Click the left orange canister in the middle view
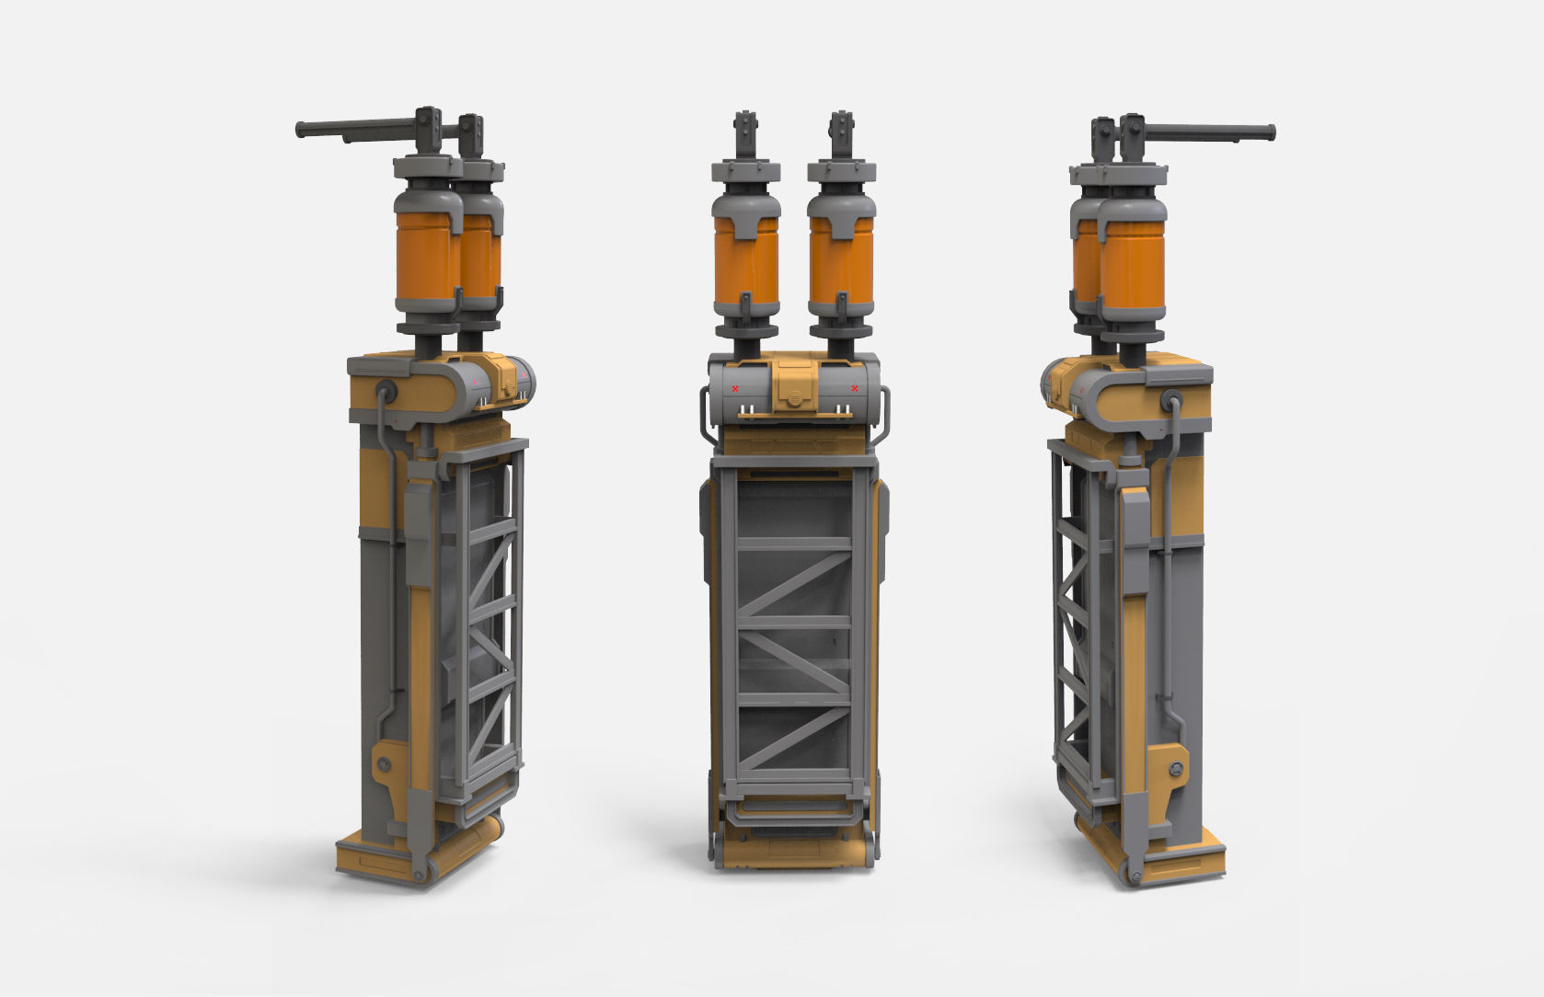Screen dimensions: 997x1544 [746, 262]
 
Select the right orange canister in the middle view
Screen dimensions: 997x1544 [841, 262]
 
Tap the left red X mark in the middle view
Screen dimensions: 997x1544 [735, 389]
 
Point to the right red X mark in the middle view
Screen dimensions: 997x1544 [855, 389]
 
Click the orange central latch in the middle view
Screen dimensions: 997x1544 [794, 387]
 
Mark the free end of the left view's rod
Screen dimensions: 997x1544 [301, 130]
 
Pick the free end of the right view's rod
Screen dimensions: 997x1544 [1270, 132]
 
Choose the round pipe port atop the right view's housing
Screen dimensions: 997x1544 [1172, 400]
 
